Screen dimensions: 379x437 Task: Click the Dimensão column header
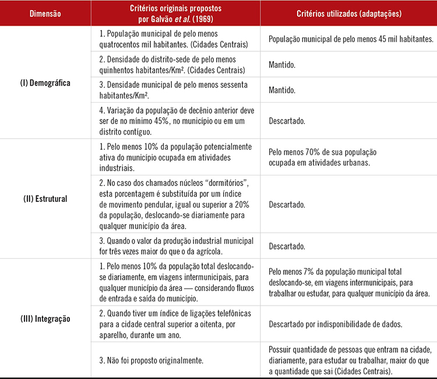coord(45,13)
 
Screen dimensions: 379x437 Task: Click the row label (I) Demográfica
coord(45,83)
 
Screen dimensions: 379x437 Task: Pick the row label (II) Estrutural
coord(45,199)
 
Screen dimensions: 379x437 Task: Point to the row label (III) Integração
coord(45,318)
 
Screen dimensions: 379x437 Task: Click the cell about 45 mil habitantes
coord(351,39)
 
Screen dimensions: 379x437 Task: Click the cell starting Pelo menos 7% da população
coord(350,283)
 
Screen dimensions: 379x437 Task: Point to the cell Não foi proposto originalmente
coord(151,361)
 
